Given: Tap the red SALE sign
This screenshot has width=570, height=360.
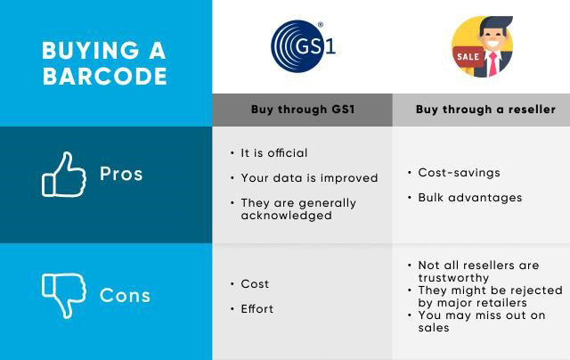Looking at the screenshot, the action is coord(468,57).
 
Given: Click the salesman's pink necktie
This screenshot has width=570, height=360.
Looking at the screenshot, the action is coord(493,64).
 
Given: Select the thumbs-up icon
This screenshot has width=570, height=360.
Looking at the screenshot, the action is coord(63,175).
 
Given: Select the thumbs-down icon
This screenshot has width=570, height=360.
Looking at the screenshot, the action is coord(63,296).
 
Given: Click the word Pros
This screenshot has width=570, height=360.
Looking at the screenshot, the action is coord(121,174).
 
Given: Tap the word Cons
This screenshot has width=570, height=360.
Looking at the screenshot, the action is coord(125,295).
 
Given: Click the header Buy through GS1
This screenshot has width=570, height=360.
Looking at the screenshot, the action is coord(303,110).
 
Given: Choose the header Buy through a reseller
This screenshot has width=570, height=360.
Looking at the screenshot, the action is coord(485,110).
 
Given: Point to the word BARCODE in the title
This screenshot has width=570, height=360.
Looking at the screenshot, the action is coord(105,76).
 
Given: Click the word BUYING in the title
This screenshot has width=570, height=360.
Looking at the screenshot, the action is coord(91,50).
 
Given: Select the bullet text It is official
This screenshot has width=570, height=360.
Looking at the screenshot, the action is coord(274,153).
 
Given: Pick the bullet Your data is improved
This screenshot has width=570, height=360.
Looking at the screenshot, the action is coord(309,178).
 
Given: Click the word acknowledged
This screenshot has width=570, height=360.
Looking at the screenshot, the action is coord(287,216).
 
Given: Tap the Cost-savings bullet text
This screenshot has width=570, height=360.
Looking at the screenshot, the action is coord(460,173).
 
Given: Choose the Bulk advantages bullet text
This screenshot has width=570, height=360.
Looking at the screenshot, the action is coord(470,198).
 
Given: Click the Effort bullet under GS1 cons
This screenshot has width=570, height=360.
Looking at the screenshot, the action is coord(257,308).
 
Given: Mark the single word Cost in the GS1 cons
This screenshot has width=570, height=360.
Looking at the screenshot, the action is coord(255,284).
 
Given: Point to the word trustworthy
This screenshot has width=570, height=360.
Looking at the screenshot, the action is coord(453,278).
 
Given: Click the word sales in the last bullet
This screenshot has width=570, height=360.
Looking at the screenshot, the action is coord(434,328).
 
